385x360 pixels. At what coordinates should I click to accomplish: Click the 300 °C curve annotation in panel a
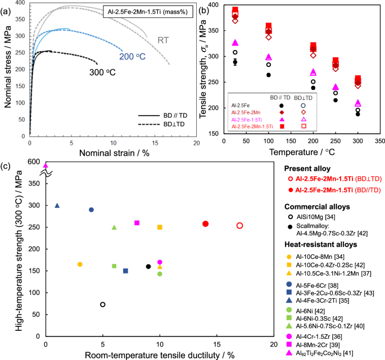105,72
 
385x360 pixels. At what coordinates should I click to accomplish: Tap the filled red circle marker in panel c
206,224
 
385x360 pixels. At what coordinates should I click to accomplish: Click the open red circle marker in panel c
240,226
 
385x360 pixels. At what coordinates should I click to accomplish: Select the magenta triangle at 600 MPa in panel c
46,165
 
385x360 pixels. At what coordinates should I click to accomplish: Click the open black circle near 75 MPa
103,304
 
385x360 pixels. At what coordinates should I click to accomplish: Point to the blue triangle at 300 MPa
57,206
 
